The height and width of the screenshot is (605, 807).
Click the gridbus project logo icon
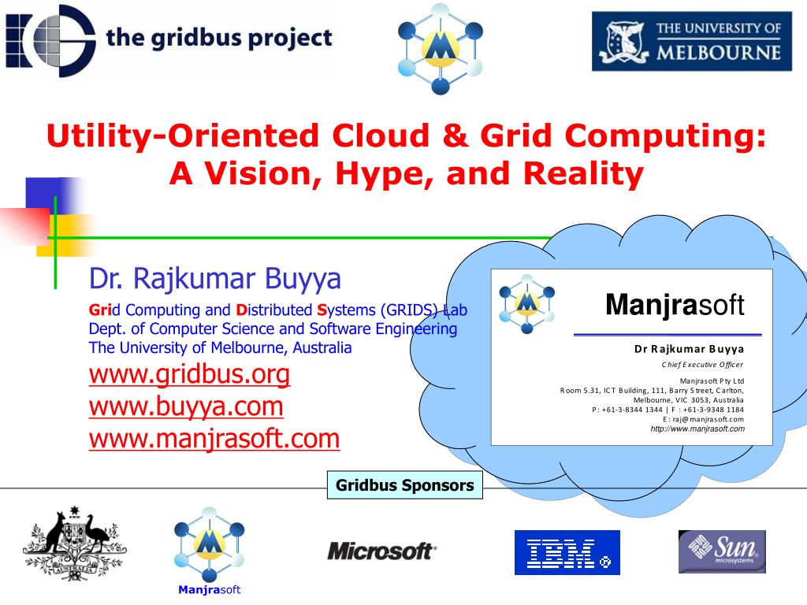pos(50,39)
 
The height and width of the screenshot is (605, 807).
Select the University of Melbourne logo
pos(691,42)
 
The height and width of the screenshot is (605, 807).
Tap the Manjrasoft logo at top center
pos(440,47)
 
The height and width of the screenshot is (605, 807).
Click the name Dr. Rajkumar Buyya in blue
pos(215,278)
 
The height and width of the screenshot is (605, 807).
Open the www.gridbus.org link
pos(189,374)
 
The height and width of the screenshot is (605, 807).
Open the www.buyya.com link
pos(186,406)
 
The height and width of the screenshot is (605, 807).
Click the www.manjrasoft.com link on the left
pos(214,438)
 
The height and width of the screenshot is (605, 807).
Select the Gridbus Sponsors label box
pos(405,485)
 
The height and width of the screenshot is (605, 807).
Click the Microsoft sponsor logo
pos(381,551)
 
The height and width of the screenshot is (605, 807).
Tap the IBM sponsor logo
pos(567,552)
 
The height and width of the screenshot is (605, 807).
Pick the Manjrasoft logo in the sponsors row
pos(209,544)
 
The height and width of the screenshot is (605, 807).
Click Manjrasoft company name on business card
pos(675,304)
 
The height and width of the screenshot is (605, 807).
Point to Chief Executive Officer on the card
pos(702,364)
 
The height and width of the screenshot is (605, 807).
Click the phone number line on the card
pos(668,410)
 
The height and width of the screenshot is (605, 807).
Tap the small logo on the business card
pos(526,301)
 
